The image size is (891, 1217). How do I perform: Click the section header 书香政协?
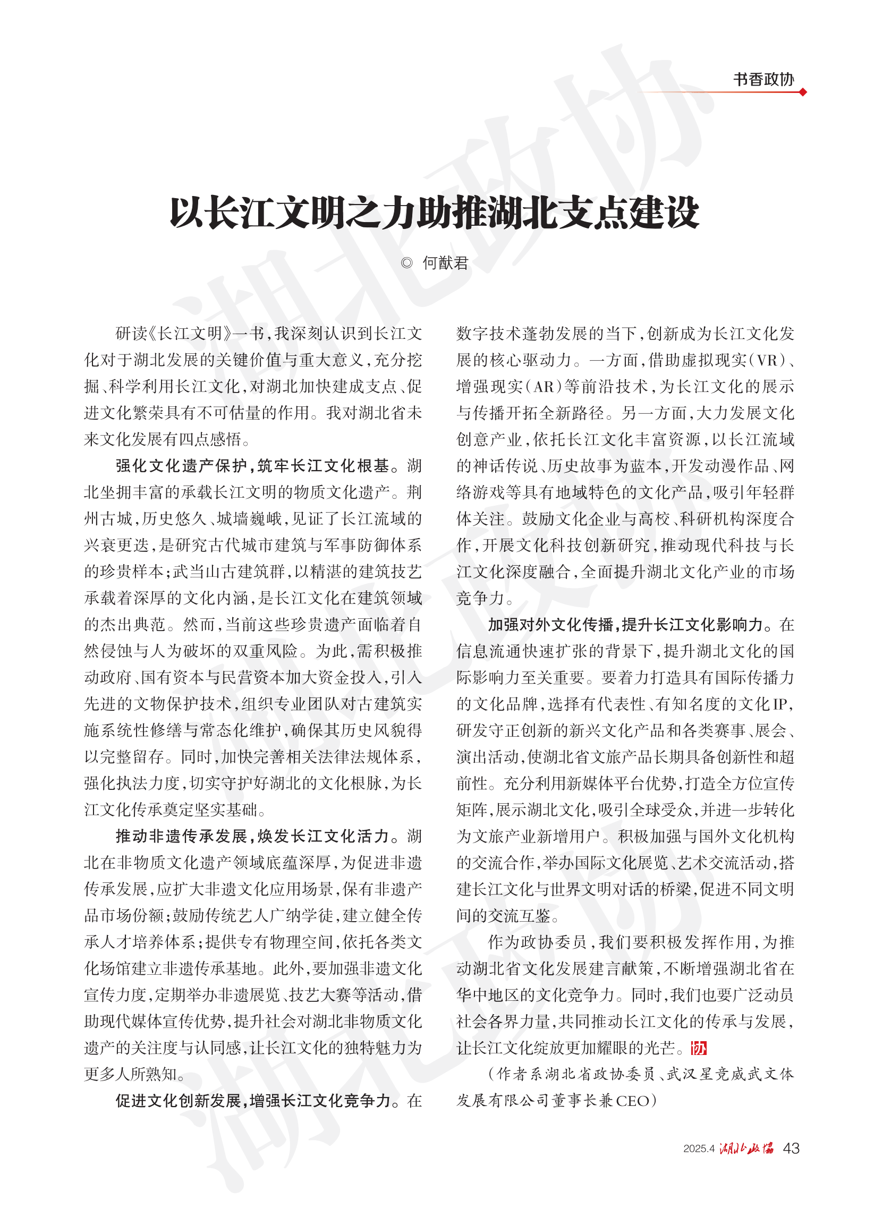(x=762, y=79)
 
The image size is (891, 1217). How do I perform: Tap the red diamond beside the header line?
(x=803, y=92)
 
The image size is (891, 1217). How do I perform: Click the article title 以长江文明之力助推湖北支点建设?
(x=434, y=212)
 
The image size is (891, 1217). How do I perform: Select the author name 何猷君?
(x=445, y=263)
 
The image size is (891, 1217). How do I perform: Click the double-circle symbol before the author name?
(x=406, y=263)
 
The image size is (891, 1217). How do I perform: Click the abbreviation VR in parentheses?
(x=767, y=360)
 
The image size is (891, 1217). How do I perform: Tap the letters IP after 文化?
(x=782, y=704)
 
